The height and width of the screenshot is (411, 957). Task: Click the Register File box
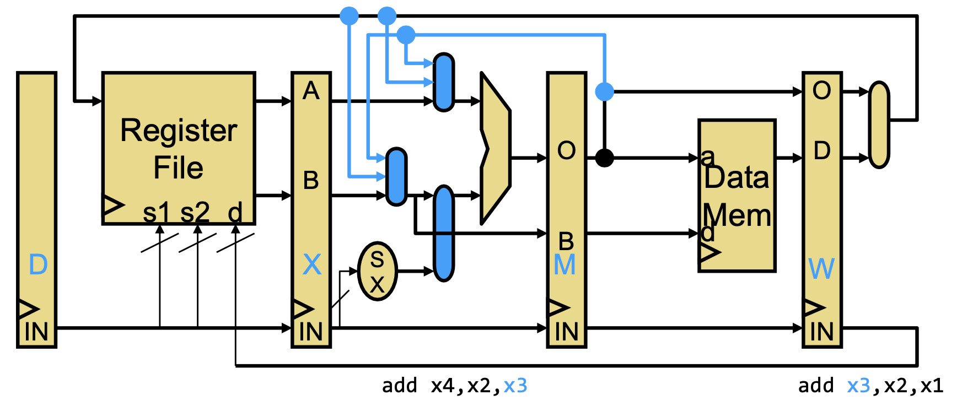179,148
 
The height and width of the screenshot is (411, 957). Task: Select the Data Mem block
737,196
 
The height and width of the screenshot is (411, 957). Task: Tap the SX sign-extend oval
378,271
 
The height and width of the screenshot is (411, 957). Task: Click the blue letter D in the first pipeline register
38,265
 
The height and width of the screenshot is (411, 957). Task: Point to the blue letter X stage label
312,264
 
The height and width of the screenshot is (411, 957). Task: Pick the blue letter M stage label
565,265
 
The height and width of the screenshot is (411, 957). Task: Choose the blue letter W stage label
821,269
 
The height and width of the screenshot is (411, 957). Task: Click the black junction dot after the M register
605,158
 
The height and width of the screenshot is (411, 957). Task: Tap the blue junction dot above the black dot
605,91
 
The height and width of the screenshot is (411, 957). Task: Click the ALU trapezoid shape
496,148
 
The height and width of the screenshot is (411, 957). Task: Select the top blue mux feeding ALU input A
444,83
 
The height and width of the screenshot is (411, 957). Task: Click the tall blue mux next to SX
444,234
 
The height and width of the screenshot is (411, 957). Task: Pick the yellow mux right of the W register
879,125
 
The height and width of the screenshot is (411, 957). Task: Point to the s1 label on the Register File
156,212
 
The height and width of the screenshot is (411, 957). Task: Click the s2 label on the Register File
195,212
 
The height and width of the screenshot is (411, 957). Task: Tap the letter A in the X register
311,90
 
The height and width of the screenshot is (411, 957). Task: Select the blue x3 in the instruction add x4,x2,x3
515,386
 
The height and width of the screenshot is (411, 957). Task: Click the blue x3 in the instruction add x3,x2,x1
859,386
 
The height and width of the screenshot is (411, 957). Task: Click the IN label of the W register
821,332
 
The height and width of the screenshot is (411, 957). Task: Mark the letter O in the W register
821,90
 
